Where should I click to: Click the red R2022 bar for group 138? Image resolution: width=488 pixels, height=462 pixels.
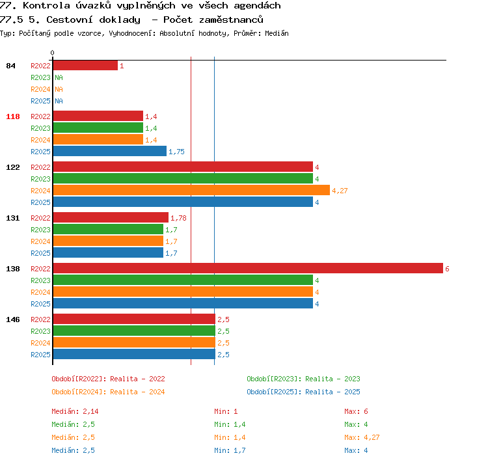tap(248, 268)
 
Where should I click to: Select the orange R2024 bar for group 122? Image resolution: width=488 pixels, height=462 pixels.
tap(191, 190)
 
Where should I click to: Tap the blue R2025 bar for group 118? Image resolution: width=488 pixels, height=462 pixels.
tap(110, 152)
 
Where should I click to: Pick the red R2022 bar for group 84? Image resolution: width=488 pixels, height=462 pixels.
tap(85, 65)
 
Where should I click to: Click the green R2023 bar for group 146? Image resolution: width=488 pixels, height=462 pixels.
tap(134, 331)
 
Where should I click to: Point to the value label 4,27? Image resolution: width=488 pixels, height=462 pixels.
tap(340, 191)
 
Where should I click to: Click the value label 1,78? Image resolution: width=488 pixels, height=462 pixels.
tap(178, 218)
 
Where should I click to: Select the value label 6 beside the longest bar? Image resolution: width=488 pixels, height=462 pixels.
tap(447, 269)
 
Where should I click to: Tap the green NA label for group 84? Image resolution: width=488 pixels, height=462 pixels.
tap(59, 77)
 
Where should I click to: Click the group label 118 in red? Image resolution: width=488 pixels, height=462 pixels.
tap(13, 116)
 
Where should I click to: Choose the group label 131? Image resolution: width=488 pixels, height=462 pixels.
tap(13, 218)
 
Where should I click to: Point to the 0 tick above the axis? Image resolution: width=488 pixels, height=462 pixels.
tap(52, 53)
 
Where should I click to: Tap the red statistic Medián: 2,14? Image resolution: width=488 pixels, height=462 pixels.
tap(75, 411)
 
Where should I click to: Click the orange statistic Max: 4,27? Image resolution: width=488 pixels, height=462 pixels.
tap(362, 437)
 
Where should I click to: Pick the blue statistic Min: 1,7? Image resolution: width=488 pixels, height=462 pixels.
tap(230, 450)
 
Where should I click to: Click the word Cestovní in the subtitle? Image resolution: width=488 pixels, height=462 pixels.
tap(70, 20)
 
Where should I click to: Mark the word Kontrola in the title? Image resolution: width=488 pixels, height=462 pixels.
tap(46, 6)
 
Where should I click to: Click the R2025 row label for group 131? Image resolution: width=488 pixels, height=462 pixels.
tap(40, 253)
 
